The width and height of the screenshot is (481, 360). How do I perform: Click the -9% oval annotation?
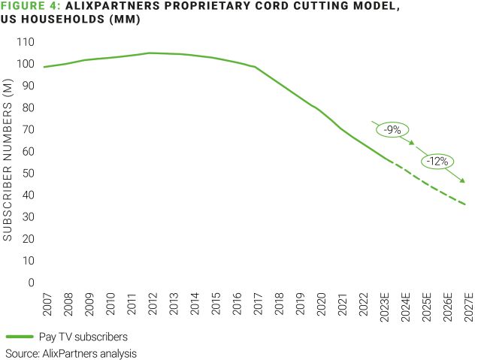pyautogui.click(x=392, y=129)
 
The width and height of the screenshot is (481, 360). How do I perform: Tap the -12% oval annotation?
pyautogui.click(x=437, y=160)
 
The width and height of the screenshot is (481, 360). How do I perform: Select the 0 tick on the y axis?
pyautogui.click(x=31, y=283)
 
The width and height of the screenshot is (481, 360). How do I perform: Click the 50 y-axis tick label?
pyautogui.click(x=27, y=174)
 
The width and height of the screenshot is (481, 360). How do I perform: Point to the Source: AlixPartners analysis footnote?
pyautogui.click(x=71, y=352)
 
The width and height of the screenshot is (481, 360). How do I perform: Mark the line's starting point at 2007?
pyautogui.click(x=44, y=67)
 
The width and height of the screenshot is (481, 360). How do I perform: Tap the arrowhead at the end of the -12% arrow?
pyautogui.click(x=463, y=180)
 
